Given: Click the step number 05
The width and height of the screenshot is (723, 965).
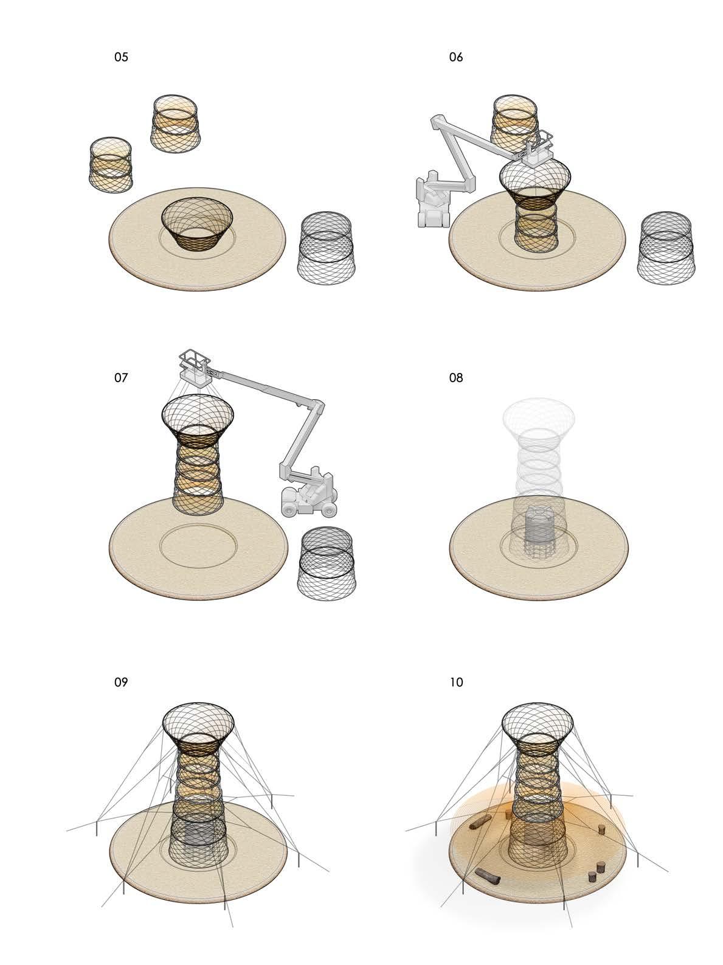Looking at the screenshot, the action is (121, 57).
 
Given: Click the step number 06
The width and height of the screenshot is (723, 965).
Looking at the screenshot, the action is (456, 57).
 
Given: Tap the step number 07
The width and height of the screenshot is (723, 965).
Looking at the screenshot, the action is (121, 378).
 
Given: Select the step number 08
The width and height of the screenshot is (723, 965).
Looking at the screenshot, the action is (456, 378).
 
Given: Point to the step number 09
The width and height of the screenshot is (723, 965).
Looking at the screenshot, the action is (121, 682).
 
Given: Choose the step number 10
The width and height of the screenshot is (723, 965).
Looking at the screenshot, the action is (457, 682).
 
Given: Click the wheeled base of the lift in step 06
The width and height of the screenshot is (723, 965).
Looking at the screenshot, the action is (433, 209).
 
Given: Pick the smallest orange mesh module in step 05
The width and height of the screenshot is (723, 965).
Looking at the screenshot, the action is (110, 164).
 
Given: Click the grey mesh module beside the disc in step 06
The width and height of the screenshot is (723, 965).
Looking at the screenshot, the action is (666, 248).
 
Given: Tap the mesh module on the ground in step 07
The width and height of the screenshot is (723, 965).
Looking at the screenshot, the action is (327, 563).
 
